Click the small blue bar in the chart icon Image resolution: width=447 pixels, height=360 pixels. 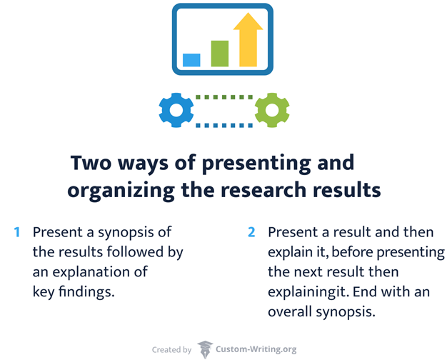pyautogui.click(x=191, y=60)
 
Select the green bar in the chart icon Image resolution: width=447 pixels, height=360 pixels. pyautogui.click(x=219, y=54)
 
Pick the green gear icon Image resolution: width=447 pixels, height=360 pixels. pyautogui.click(x=272, y=110)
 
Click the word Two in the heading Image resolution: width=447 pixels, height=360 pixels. pyautogui.click(x=91, y=163)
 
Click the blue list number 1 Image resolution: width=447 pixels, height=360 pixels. pyautogui.click(x=16, y=232)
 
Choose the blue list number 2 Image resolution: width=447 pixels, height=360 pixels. pyautogui.click(x=251, y=232)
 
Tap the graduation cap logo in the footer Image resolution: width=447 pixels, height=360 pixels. pyautogui.click(x=205, y=349)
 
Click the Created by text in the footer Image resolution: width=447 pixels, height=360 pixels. pyautogui.click(x=171, y=350)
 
